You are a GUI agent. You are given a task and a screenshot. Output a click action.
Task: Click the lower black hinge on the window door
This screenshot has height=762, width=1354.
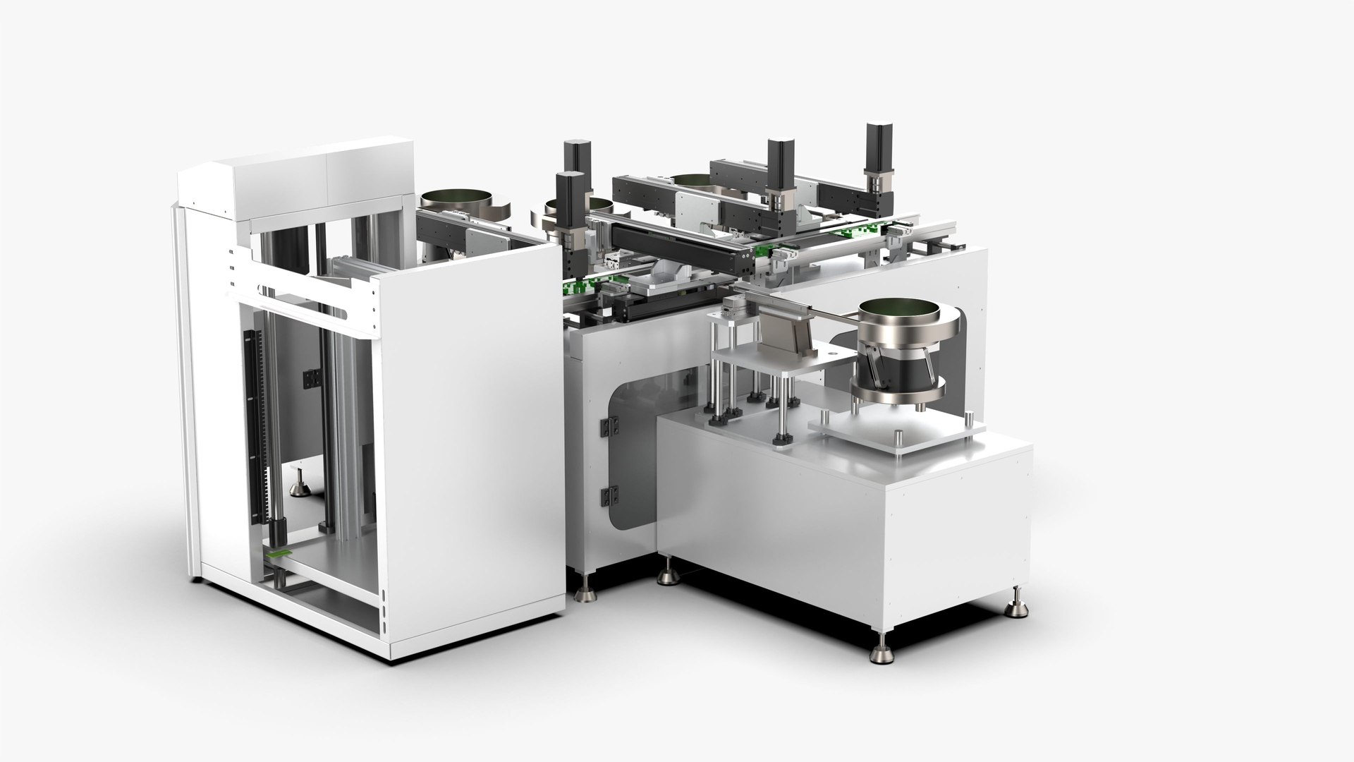(x=606, y=495)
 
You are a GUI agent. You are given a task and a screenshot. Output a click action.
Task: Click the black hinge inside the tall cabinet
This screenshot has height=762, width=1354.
(x=308, y=379)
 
